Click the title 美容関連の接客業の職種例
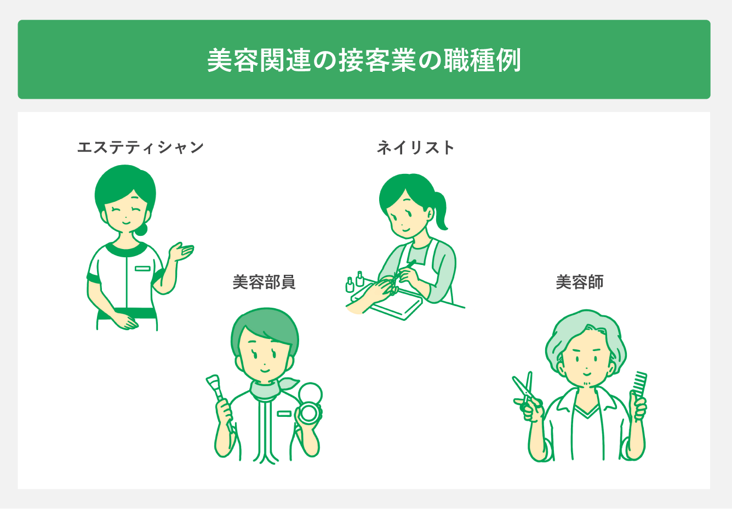point(364,60)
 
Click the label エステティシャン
point(141,148)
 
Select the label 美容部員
point(264,282)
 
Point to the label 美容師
point(580,282)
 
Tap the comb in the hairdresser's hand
point(639,384)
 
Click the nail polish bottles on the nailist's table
point(354,281)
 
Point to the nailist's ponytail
point(442,211)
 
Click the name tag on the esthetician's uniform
point(142,268)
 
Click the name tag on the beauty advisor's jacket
point(284,413)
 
